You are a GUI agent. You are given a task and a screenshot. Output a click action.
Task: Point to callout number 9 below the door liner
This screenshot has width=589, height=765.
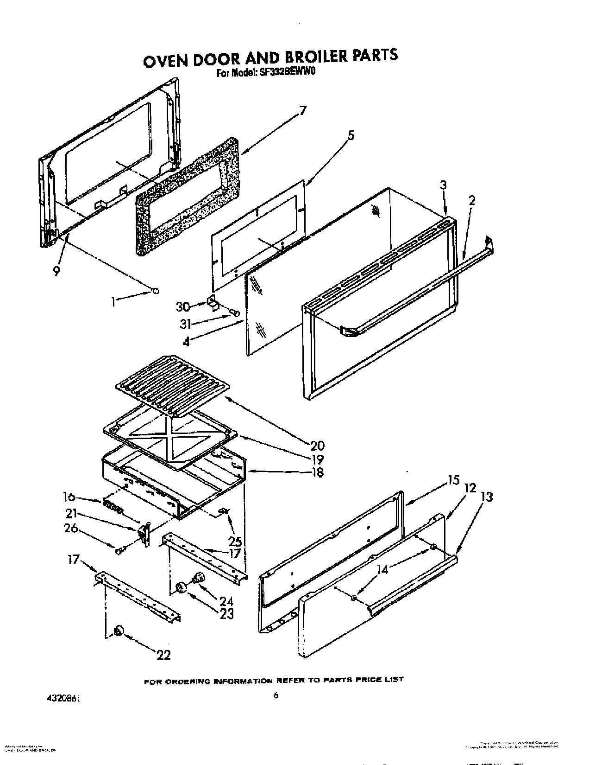click(x=56, y=272)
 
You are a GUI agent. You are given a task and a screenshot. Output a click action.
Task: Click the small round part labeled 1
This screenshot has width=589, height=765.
click(x=156, y=291)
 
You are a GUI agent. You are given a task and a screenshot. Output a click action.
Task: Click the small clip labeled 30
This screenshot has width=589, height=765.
click(x=212, y=302)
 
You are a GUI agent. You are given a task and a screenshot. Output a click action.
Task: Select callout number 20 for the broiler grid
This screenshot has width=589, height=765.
click(x=317, y=446)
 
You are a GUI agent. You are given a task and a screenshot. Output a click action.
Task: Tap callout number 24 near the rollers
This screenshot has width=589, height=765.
click(x=226, y=601)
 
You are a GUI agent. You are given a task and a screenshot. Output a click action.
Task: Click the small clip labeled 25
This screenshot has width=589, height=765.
click(x=223, y=510)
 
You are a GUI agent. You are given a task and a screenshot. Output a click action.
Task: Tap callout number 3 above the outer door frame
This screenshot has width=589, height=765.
click(x=443, y=185)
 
